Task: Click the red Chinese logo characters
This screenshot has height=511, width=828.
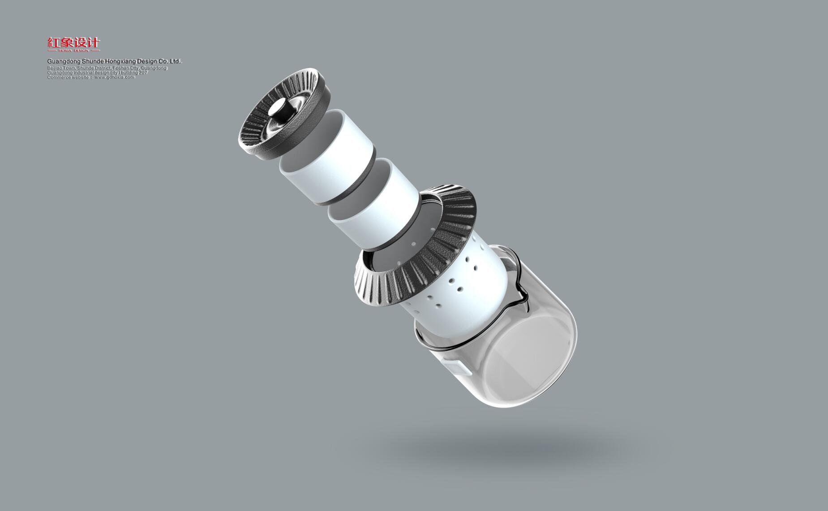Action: coord(74,43)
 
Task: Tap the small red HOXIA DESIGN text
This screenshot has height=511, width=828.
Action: coord(74,51)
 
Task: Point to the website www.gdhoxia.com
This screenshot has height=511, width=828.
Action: coord(115,77)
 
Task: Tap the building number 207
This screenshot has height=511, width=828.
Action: coord(143,72)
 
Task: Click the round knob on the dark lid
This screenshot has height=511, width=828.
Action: coord(282,111)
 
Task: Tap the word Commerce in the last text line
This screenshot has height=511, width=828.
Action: coord(59,77)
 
